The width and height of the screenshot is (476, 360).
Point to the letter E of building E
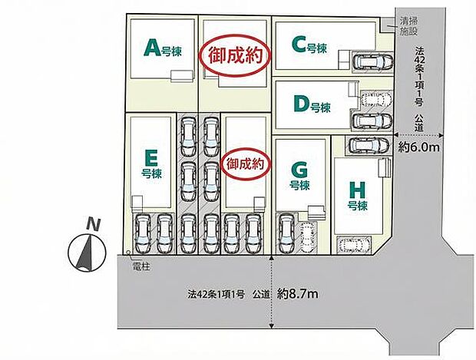(151, 158)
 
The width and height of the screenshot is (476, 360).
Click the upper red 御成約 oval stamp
(233, 55)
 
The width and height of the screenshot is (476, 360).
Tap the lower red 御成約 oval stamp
(246, 163)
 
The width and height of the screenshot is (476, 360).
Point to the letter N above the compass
(93, 225)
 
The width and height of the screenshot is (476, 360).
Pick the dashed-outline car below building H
(354, 246)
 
